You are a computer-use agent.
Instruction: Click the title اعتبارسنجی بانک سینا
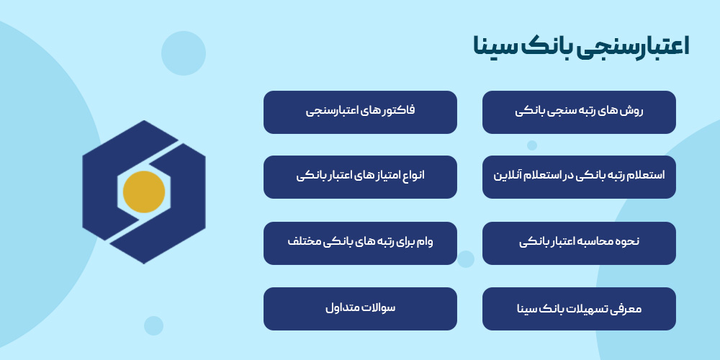(x=581, y=46)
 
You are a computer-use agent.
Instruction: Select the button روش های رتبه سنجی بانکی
(x=579, y=112)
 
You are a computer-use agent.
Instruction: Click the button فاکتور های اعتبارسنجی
(x=360, y=112)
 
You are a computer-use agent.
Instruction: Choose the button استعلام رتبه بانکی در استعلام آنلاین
(x=579, y=176)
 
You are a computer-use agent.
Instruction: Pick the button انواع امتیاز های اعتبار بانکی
(x=360, y=176)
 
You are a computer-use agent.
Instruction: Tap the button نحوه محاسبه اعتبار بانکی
(x=579, y=243)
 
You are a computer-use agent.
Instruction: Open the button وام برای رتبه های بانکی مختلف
(x=360, y=243)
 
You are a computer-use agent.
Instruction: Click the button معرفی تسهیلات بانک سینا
(x=579, y=309)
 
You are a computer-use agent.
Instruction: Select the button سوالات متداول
(x=360, y=309)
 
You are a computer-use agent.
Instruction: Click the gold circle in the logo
(x=144, y=192)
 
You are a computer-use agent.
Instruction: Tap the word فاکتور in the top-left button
(x=400, y=111)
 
